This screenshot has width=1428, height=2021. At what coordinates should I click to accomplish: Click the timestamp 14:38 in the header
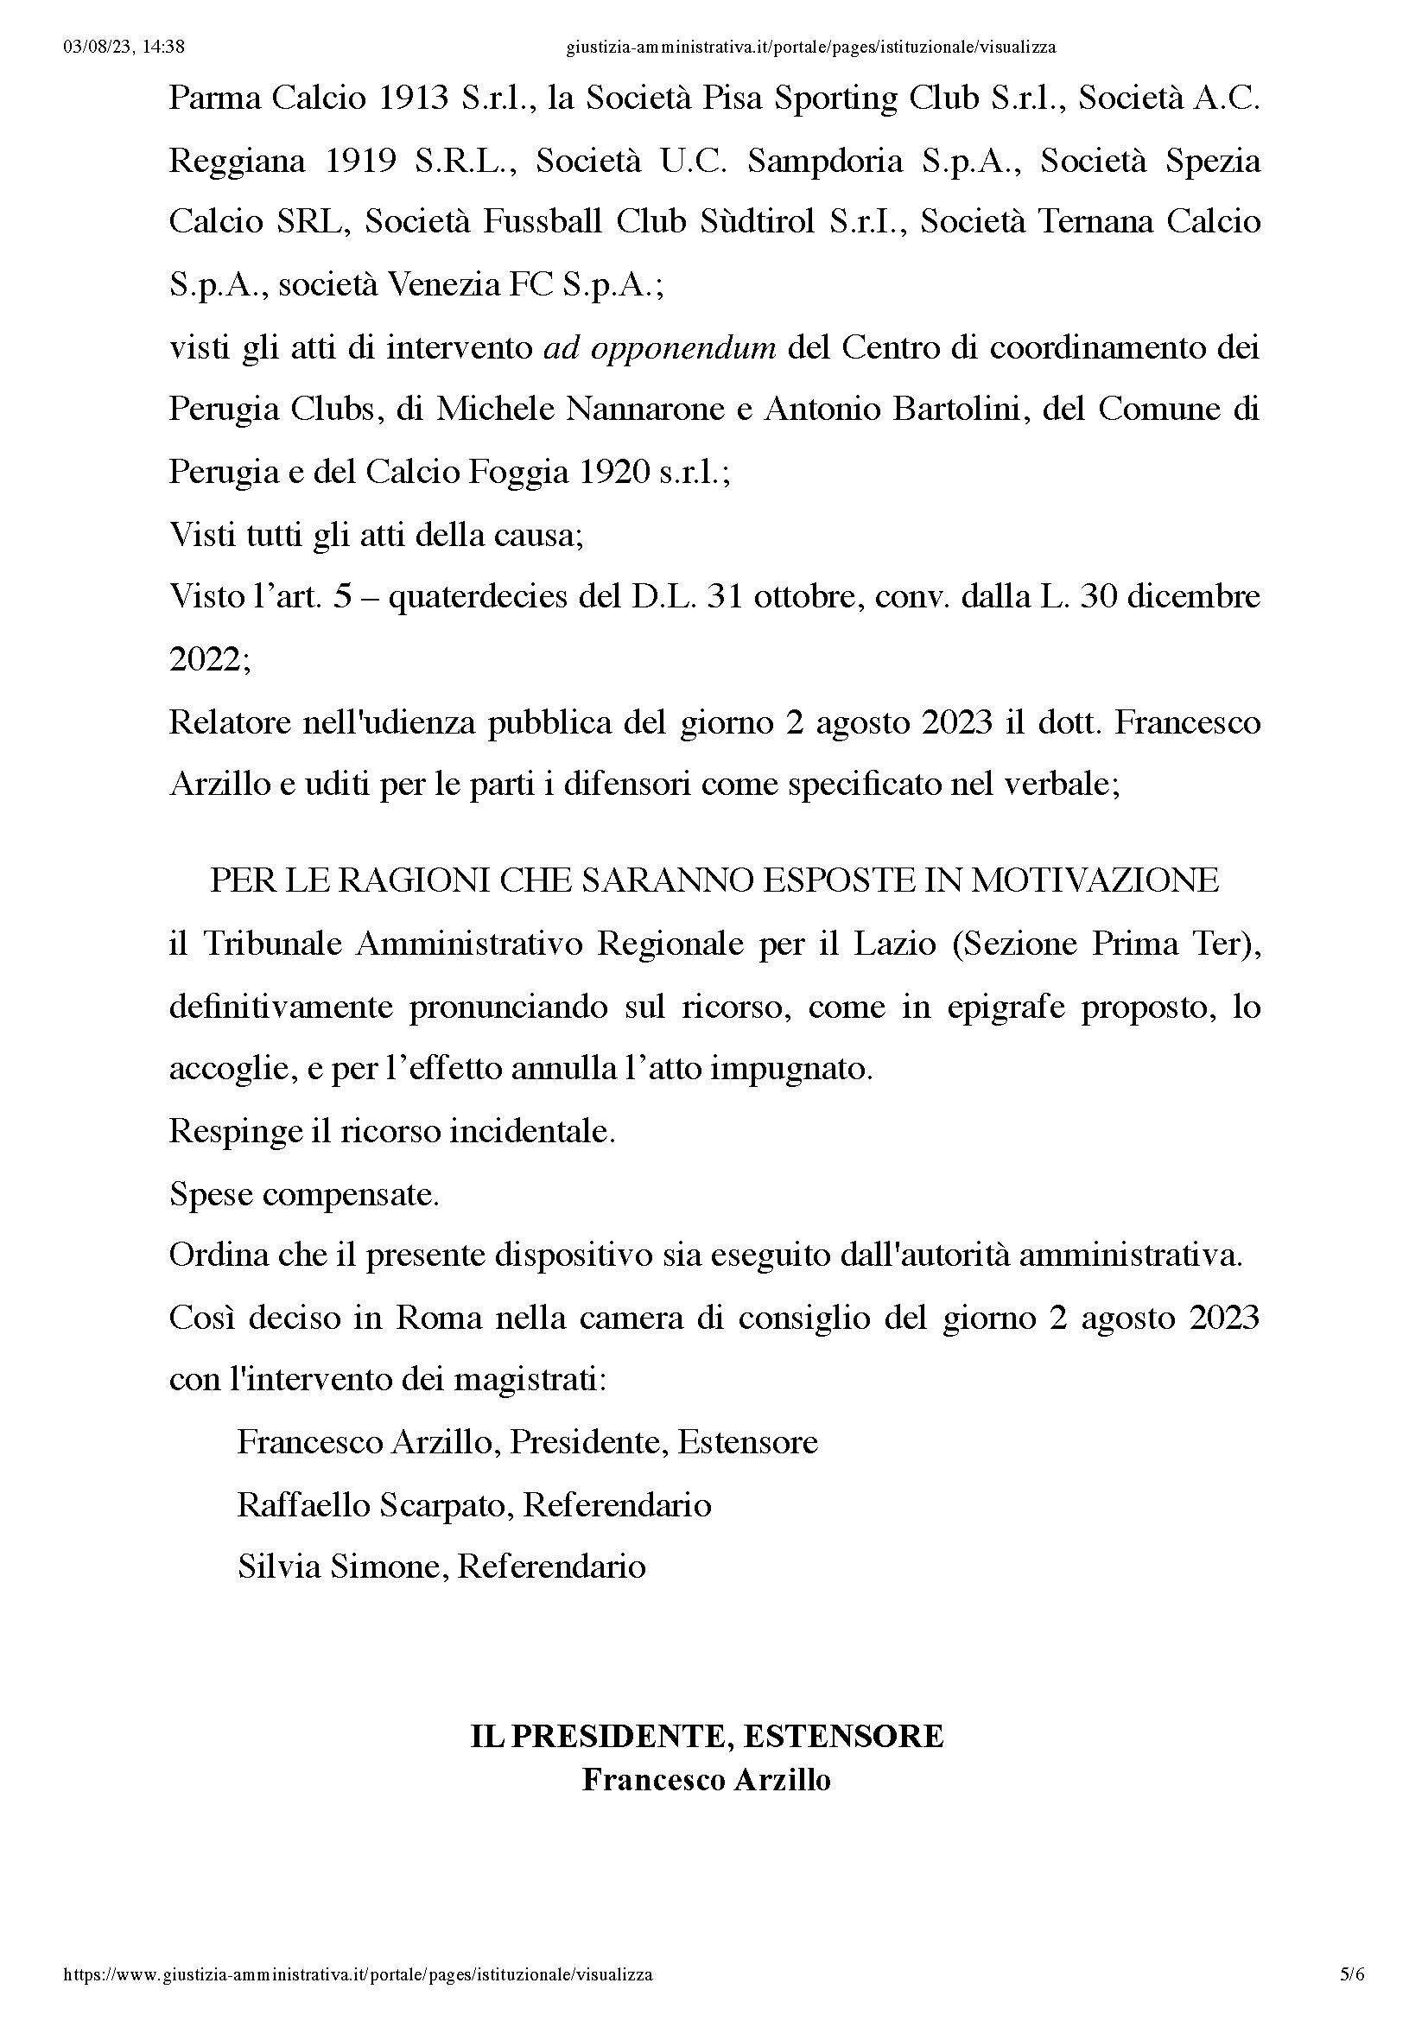[x=162, y=48]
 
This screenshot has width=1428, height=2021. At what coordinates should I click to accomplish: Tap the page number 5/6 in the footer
[x=1352, y=1974]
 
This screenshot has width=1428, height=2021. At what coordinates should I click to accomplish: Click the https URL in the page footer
[x=359, y=1974]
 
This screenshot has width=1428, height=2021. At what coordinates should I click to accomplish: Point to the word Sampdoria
[x=824, y=161]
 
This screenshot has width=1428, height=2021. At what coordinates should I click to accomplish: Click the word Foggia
[x=518, y=473]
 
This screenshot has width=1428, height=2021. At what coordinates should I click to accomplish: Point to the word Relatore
[x=230, y=722]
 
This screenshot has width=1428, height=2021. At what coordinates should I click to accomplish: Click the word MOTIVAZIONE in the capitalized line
[x=1095, y=880]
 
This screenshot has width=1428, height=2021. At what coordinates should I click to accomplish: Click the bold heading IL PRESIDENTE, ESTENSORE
[x=707, y=1736]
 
